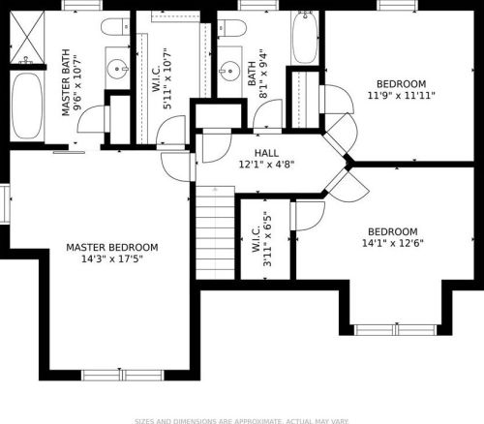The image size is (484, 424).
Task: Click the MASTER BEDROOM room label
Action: coord(112,248)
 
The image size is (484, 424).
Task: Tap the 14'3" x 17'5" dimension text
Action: coord(112,258)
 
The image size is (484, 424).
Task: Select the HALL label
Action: coord(266,153)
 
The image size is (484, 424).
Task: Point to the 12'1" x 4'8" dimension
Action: coord(266,165)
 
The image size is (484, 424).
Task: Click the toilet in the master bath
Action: coord(115,27)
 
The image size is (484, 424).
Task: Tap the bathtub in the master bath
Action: coord(27,106)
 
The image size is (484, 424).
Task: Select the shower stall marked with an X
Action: coord(27,37)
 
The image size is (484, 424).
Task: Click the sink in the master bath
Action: coord(118,69)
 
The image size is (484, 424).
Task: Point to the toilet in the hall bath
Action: coord(231,28)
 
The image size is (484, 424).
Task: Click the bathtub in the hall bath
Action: coord(305,38)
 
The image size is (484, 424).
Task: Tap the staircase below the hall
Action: coord(215,232)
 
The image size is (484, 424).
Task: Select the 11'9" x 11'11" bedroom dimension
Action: coord(402,96)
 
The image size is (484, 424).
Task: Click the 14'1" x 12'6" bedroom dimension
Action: coord(393,243)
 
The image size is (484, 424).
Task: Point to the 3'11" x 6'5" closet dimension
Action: coord(267,239)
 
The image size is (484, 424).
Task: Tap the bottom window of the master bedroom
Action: coord(122,375)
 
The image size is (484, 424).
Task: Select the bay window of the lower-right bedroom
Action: coord(396,330)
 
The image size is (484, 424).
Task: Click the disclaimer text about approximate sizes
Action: coord(242,421)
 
